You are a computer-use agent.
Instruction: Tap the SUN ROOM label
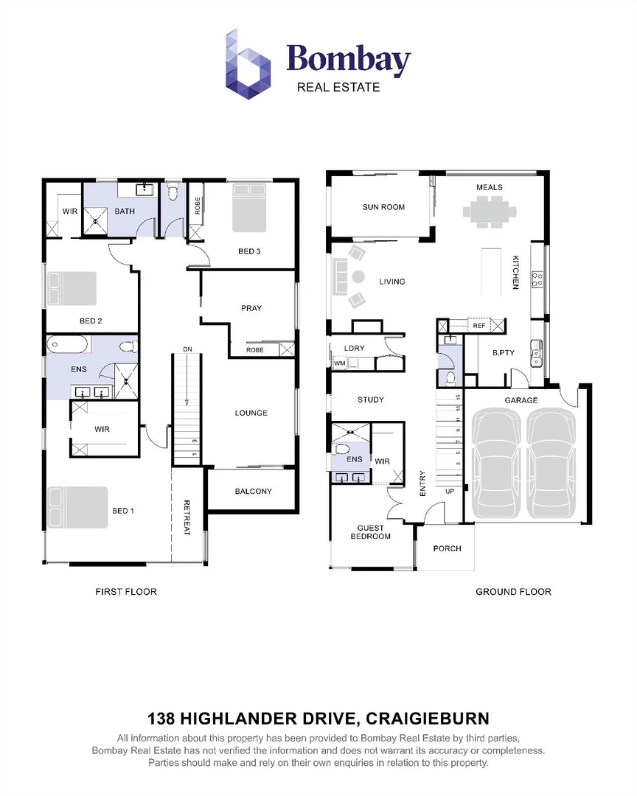(x=383, y=207)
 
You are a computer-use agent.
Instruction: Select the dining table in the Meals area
(x=489, y=212)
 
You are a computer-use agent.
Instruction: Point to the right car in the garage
(x=551, y=464)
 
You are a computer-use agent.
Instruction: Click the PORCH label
(x=447, y=548)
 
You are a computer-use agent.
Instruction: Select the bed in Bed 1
(x=77, y=508)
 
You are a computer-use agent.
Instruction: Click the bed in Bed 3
(x=249, y=208)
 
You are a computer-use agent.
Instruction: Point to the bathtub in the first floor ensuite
(x=68, y=344)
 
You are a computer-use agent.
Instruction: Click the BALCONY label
(x=253, y=491)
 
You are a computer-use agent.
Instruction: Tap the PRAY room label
(x=251, y=308)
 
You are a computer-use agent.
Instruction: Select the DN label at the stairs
(x=187, y=349)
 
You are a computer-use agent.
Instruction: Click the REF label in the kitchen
(x=479, y=325)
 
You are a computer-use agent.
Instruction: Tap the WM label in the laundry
(x=340, y=363)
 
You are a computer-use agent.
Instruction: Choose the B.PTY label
(x=503, y=353)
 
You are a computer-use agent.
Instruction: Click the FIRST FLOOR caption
(x=126, y=591)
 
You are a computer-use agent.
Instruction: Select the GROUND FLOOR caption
(x=513, y=591)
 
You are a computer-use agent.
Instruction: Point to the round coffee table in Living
(x=358, y=277)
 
